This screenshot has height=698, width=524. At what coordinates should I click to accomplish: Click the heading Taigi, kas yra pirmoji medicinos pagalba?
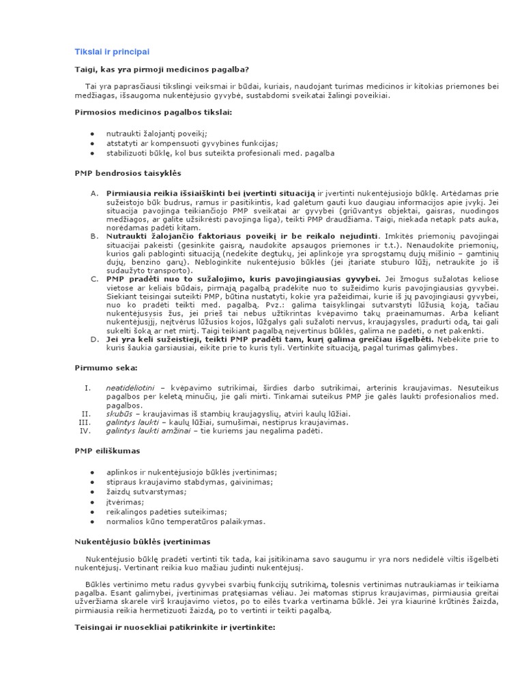(x=161, y=70)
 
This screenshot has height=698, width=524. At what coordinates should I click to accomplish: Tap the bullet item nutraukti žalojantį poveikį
(x=156, y=134)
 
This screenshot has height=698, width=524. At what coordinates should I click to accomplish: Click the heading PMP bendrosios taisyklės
(x=128, y=173)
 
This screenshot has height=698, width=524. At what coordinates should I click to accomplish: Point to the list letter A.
(x=94, y=194)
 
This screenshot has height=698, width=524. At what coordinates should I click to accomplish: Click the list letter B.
(x=94, y=235)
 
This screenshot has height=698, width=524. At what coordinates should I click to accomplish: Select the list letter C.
(x=94, y=278)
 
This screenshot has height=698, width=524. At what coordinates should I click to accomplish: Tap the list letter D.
(x=94, y=339)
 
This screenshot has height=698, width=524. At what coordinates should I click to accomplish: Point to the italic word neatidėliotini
(x=130, y=388)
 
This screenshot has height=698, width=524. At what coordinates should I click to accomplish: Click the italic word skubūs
(x=119, y=414)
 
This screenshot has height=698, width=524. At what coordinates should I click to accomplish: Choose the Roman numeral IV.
(x=85, y=431)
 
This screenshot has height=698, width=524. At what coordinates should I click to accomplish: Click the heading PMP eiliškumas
(x=108, y=451)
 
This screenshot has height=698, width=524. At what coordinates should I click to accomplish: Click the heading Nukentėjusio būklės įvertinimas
(x=143, y=541)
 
